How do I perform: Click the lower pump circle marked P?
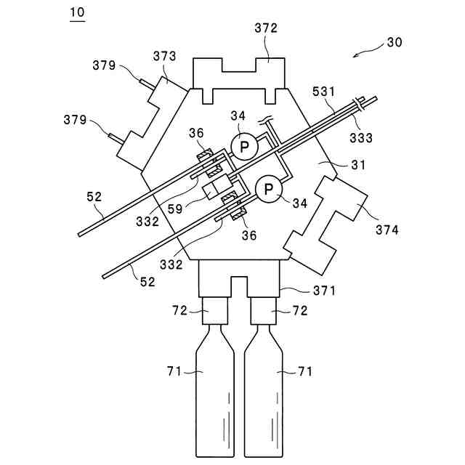(269, 190)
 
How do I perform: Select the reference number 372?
(266, 28)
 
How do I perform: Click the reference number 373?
(165, 56)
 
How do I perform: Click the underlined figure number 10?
(76, 13)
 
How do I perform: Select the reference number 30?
(394, 42)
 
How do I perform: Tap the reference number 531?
(324, 92)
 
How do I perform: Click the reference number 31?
(359, 165)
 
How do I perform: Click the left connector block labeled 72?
(215, 314)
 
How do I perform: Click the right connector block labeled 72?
(263, 314)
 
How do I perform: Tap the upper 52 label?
(94, 196)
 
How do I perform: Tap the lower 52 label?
(147, 282)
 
